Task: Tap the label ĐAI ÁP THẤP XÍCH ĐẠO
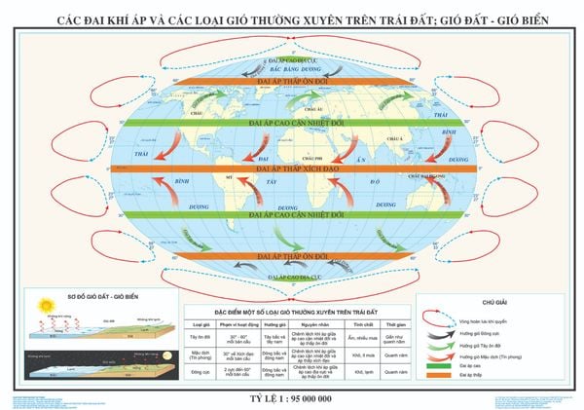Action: [293, 168]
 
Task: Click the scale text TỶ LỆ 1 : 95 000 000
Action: [292, 399]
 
